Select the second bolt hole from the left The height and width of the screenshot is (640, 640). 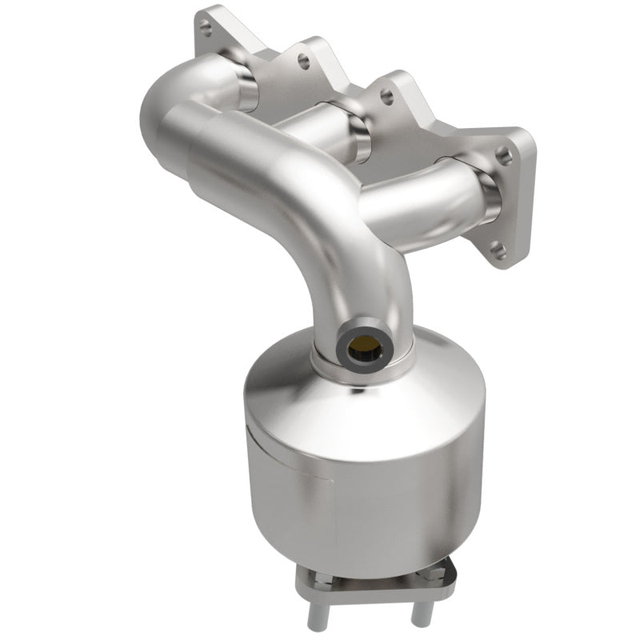coord(302,58)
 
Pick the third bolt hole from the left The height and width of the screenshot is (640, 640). coord(387,96)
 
